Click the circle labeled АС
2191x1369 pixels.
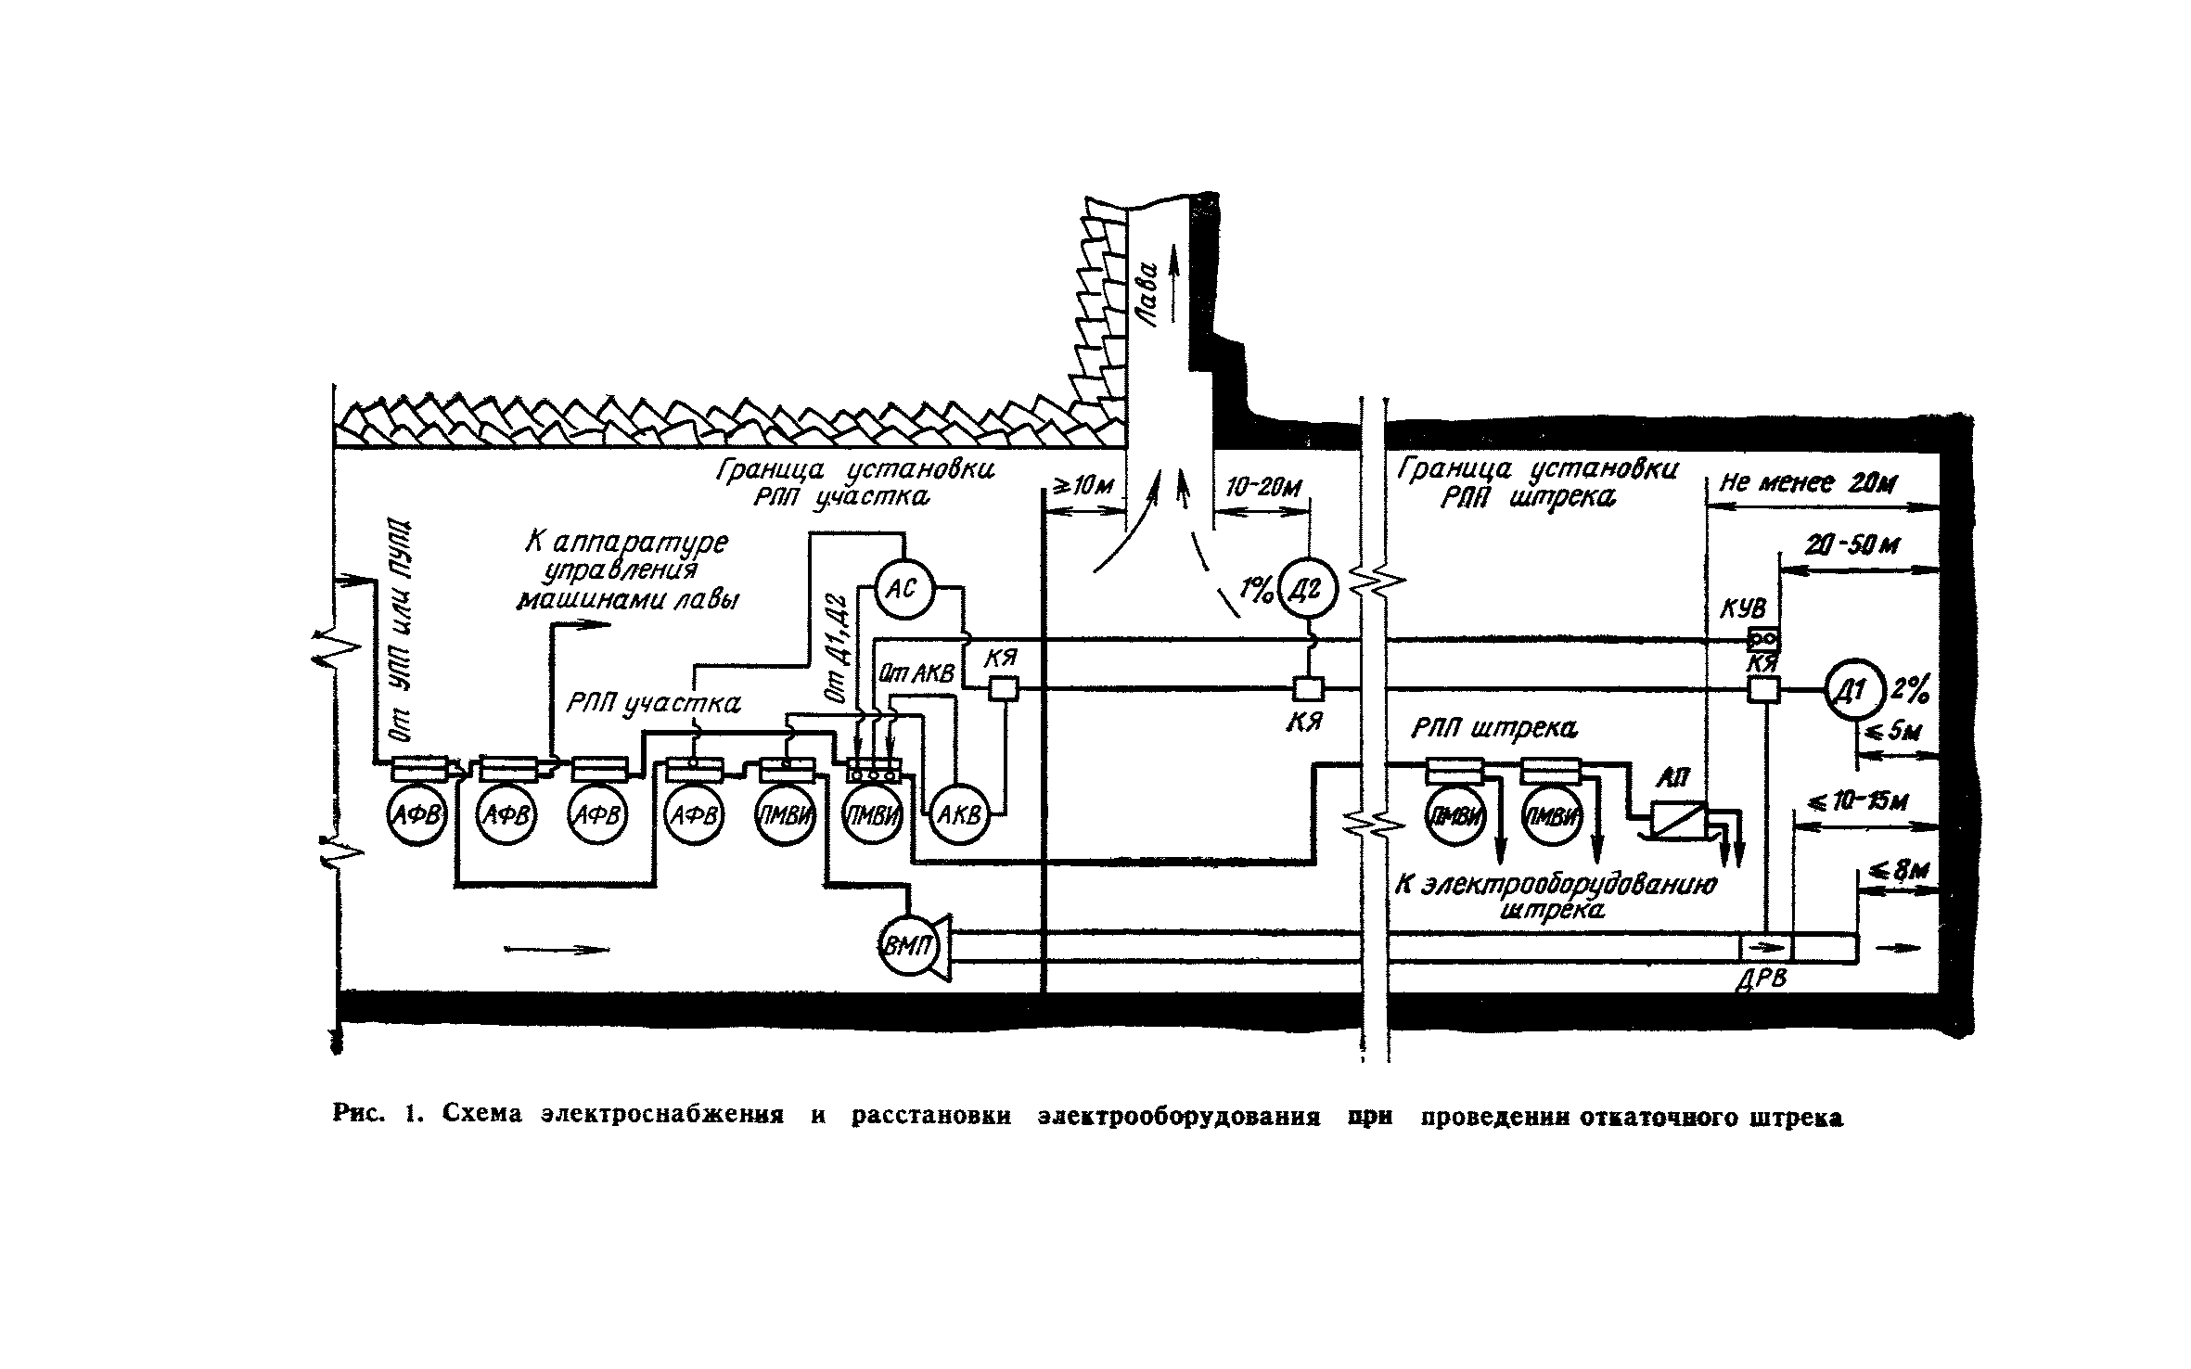pos(903,588)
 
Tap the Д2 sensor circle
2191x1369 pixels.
pos(1309,590)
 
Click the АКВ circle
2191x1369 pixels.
pos(959,815)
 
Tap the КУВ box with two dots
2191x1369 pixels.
pos(1762,639)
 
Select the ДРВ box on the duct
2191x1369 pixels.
pos(1765,948)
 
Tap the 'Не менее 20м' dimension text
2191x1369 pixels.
pos(1809,484)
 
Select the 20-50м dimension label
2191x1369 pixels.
pos(1851,545)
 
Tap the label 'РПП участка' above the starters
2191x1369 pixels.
pos(653,705)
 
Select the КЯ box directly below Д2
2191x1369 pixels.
pos(1309,689)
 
